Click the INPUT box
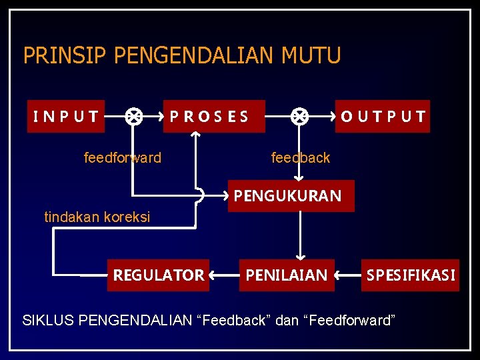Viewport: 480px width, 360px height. coord(66,117)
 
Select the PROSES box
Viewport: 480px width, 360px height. coord(213,117)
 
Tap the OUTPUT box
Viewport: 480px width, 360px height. coord(383,117)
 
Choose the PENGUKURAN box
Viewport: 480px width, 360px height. coord(291,196)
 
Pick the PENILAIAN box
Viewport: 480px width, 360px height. coord(287,275)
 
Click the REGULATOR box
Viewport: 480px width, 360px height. coord(158,275)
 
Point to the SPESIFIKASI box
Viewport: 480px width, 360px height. coord(411,275)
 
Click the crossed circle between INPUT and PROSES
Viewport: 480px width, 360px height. coord(133,117)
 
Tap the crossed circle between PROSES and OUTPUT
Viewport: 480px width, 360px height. coord(299,117)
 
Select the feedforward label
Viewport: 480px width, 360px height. coord(123,158)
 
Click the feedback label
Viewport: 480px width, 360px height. coord(300,158)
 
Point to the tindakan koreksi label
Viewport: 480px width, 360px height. coord(97,217)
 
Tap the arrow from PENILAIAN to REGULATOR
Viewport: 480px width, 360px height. coord(224,275)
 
